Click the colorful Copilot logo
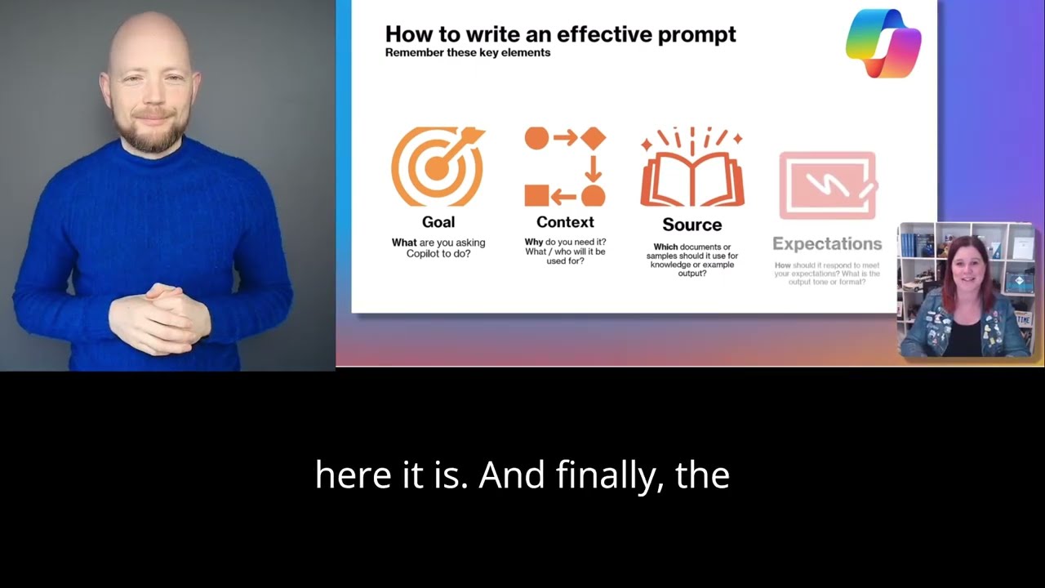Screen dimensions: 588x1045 point(883,43)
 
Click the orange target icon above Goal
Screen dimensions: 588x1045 point(437,167)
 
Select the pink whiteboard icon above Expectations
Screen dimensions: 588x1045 point(827,185)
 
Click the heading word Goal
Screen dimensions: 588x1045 point(438,222)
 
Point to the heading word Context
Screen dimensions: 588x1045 point(565,222)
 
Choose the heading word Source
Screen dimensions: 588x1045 point(691,225)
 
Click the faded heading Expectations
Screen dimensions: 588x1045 point(827,243)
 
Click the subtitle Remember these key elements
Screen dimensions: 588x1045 point(468,53)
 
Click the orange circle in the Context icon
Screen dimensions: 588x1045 point(536,138)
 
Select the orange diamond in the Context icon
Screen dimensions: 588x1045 point(594,138)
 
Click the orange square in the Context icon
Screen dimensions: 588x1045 point(536,196)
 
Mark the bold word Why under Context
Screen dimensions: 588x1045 point(534,243)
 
